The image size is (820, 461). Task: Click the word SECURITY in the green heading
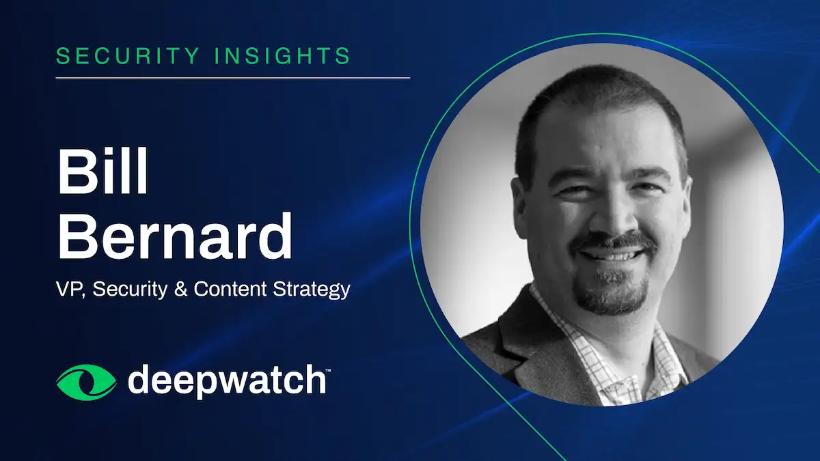pyautogui.click(x=128, y=55)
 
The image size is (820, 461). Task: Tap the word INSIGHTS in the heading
pyautogui.click(x=282, y=55)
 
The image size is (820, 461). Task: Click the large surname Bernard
pyautogui.click(x=175, y=235)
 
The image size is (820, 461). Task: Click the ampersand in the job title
pyautogui.click(x=180, y=289)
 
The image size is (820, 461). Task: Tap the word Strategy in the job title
pyautogui.click(x=312, y=290)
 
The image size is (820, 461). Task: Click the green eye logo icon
pyautogui.click(x=86, y=382)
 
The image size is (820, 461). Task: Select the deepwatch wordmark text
pyautogui.click(x=227, y=382)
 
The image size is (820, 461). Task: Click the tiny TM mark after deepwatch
pyautogui.click(x=329, y=371)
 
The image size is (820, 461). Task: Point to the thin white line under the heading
pyautogui.click(x=233, y=78)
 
